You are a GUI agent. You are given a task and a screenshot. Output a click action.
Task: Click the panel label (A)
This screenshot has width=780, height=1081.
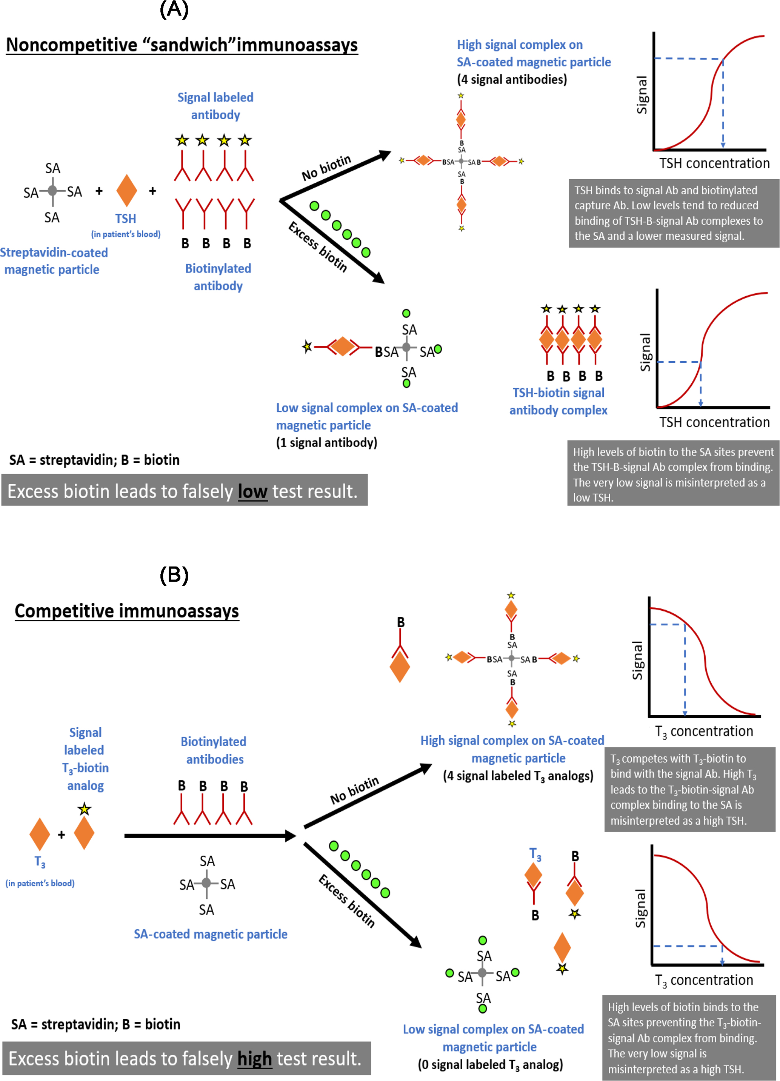174,9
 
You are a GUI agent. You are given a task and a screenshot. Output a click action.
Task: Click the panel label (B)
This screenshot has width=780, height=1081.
174,575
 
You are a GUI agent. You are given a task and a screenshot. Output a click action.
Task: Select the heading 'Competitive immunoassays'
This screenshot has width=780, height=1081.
127,611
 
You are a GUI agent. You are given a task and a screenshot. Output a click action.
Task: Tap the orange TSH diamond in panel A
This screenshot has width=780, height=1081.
127,191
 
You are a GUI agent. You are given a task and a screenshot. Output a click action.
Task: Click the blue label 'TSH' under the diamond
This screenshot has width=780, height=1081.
126,219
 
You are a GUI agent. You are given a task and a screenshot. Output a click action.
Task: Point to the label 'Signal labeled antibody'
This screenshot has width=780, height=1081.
215,106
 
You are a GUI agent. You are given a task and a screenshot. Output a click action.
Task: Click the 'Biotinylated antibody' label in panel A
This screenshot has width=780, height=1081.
218,277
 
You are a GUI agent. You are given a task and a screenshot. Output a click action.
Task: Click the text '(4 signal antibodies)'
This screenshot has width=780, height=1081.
512,80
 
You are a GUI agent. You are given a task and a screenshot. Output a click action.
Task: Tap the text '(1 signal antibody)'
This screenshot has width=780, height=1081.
327,443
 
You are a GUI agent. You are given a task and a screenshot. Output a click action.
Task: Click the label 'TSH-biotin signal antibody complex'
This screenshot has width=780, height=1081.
558,401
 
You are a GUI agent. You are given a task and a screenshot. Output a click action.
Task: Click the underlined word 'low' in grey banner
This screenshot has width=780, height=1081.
252,491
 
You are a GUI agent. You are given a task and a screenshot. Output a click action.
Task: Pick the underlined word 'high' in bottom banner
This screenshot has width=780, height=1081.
254,1059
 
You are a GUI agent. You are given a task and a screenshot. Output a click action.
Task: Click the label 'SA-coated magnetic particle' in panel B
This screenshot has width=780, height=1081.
211,934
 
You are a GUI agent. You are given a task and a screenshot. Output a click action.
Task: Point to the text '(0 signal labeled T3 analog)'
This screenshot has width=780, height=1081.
490,1064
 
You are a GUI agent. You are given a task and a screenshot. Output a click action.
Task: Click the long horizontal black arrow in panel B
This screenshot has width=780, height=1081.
210,836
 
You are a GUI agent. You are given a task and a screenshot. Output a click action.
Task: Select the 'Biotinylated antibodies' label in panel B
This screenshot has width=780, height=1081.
214,750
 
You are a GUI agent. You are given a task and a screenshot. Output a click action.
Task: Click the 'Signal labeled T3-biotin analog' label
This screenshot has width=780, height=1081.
85,759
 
